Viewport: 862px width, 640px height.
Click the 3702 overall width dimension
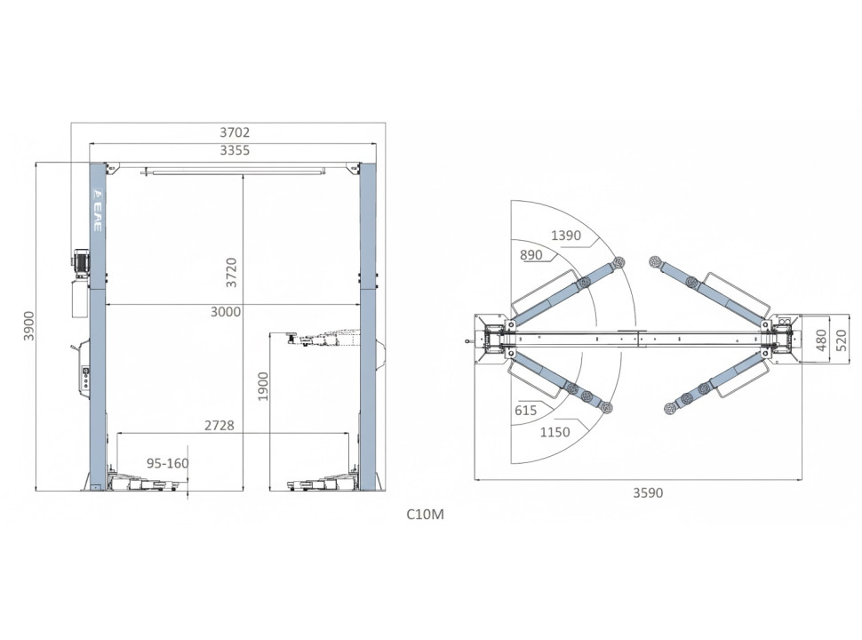235,132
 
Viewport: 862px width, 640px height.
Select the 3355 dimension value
235,150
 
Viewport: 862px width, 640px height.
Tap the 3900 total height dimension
28,326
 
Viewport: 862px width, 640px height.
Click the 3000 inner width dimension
226,312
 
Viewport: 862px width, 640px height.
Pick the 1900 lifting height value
263,386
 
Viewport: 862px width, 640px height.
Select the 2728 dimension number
219,425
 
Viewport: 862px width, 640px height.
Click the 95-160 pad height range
168,463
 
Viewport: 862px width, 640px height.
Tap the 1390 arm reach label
566,236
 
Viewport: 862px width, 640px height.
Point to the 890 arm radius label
531,254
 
